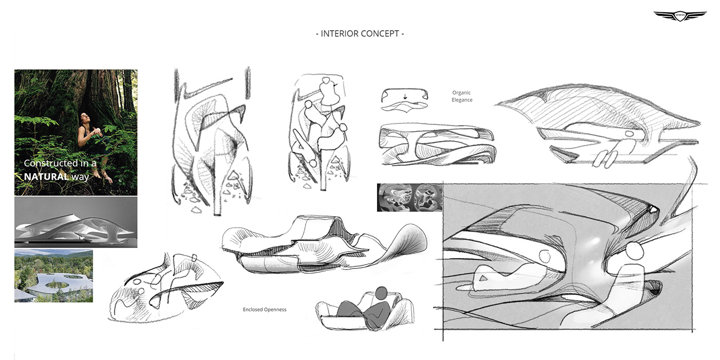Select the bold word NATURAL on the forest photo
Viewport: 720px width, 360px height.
point(46,176)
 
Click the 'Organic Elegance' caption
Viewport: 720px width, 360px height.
point(462,96)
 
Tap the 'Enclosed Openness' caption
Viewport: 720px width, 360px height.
point(264,310)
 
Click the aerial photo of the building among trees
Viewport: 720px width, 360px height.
point(53,276)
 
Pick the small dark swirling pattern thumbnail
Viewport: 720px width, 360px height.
point(409,197)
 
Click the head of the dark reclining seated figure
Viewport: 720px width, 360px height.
point(381,293)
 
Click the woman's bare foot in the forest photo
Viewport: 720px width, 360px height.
point(109,180)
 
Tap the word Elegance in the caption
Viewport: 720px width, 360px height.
point(462,100)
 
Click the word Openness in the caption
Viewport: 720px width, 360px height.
point(275,310)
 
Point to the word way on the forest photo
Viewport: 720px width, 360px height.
point(80,176)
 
